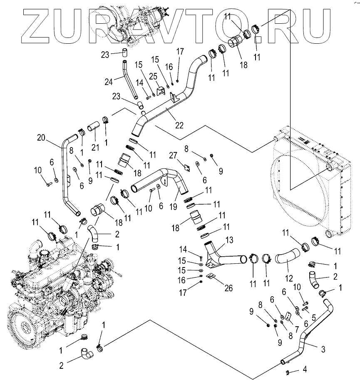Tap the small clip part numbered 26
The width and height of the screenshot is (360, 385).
point(211,276)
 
